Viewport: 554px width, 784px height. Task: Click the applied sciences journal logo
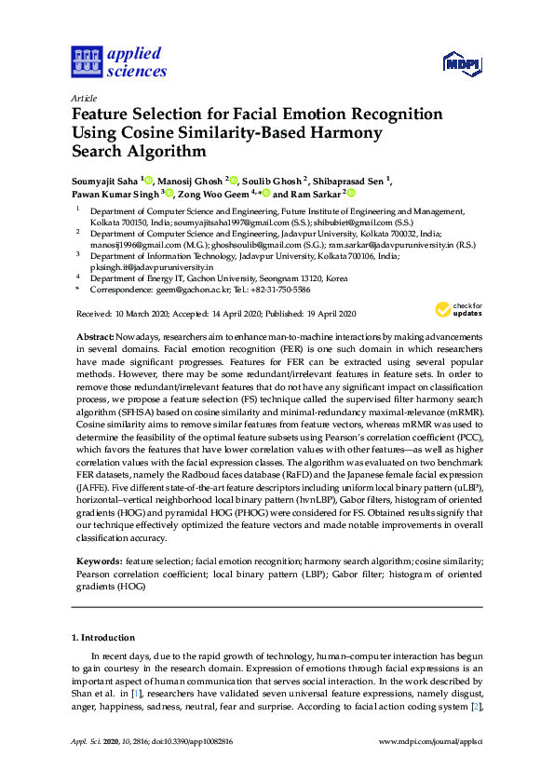[118, 61]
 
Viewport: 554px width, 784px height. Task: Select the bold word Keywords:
[98, 561]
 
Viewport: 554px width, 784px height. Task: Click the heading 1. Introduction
[103, 637]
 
